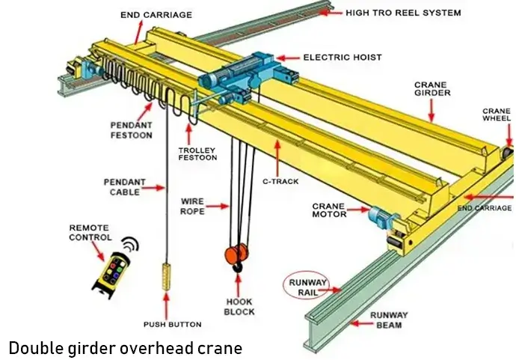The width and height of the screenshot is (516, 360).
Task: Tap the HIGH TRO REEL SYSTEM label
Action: tap(403, 13)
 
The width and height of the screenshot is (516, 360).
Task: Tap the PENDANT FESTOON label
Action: tap(132, 129)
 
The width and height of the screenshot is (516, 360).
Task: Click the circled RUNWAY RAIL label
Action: tap(307, 287)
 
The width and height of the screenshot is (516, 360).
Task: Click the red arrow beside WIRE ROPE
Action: tap(218, 205)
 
